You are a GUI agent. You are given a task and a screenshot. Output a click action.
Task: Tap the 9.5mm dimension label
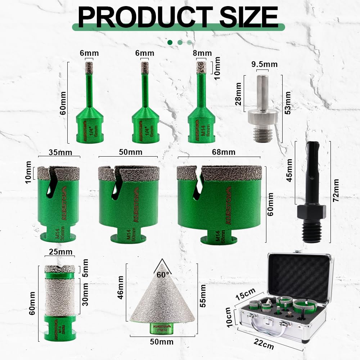tap(264, 64)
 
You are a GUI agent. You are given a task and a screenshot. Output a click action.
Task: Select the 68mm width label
tap(219, 152)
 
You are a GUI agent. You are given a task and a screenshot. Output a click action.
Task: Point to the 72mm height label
tap(336, 190)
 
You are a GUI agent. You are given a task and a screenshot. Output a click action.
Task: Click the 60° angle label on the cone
tap(163, 275)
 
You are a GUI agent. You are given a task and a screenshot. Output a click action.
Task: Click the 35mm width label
tap(60, 152)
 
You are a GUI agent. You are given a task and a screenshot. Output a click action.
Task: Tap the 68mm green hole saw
tap(219, 202)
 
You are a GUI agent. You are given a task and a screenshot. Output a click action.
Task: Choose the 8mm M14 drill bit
tap(202, 108)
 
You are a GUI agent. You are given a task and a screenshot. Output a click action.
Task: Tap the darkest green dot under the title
tap(170, 42)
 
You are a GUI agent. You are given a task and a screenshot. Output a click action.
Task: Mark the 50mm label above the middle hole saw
tap(130, 152)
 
